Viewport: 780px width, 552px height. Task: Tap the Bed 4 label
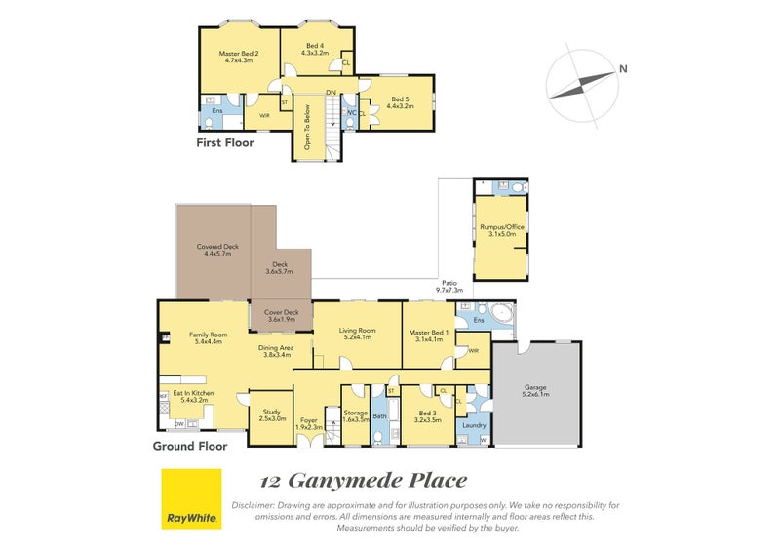315,46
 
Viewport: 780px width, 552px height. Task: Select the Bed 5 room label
400,99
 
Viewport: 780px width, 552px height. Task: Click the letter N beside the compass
621,68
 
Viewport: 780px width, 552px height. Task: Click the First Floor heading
224,142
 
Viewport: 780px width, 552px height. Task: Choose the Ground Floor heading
189,446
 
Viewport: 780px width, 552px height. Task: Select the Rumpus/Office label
502,226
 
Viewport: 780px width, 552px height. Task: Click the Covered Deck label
217,247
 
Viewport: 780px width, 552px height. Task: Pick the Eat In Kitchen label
193,393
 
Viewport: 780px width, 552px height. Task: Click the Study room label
272,412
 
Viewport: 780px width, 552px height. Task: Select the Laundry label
474,424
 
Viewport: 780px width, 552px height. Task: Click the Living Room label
357,331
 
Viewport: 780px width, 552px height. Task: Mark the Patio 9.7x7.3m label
448,285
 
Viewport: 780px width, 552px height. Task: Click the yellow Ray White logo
190,498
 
